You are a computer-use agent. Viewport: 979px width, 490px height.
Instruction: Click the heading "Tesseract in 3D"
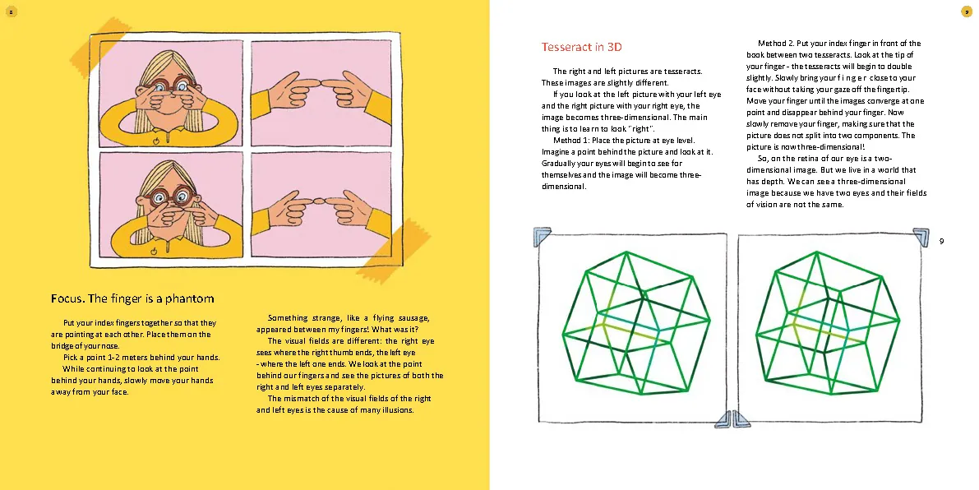pyautogui.click(x=581, y=47)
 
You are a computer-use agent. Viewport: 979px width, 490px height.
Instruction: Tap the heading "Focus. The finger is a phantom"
pyautogui.click(x=132, y=298)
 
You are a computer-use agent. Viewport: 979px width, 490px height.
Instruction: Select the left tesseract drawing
pyautogui.click(x=635, y=323)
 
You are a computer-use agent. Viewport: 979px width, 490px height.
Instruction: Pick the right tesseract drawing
pyautogui.click(x=827, y=323)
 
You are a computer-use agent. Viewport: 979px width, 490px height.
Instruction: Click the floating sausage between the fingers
pyautogui.click(x=319, y=201)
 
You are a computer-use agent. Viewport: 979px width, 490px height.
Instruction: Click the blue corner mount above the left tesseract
pyautogui.click(x=542, y=237)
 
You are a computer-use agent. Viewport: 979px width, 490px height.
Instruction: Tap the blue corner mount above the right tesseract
pyautogui.click(x=921, y=237)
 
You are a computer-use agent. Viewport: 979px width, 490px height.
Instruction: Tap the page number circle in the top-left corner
pyautogui.click(x=11, y=12)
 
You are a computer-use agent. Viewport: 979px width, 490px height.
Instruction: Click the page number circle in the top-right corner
pyautogui.click(x=967, y=12)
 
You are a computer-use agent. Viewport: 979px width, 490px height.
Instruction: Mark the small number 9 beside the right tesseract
pyautogui.click(x=941, y=241)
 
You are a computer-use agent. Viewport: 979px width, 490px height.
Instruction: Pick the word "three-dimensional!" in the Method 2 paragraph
pyautogui.click(x=831, y=147)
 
